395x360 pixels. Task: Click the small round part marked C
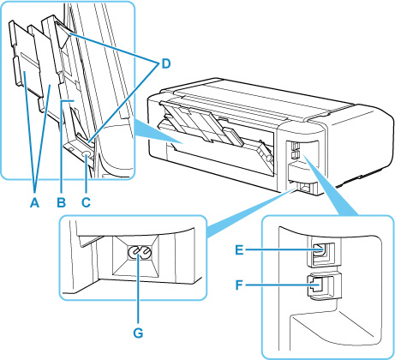pos(86,153)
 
